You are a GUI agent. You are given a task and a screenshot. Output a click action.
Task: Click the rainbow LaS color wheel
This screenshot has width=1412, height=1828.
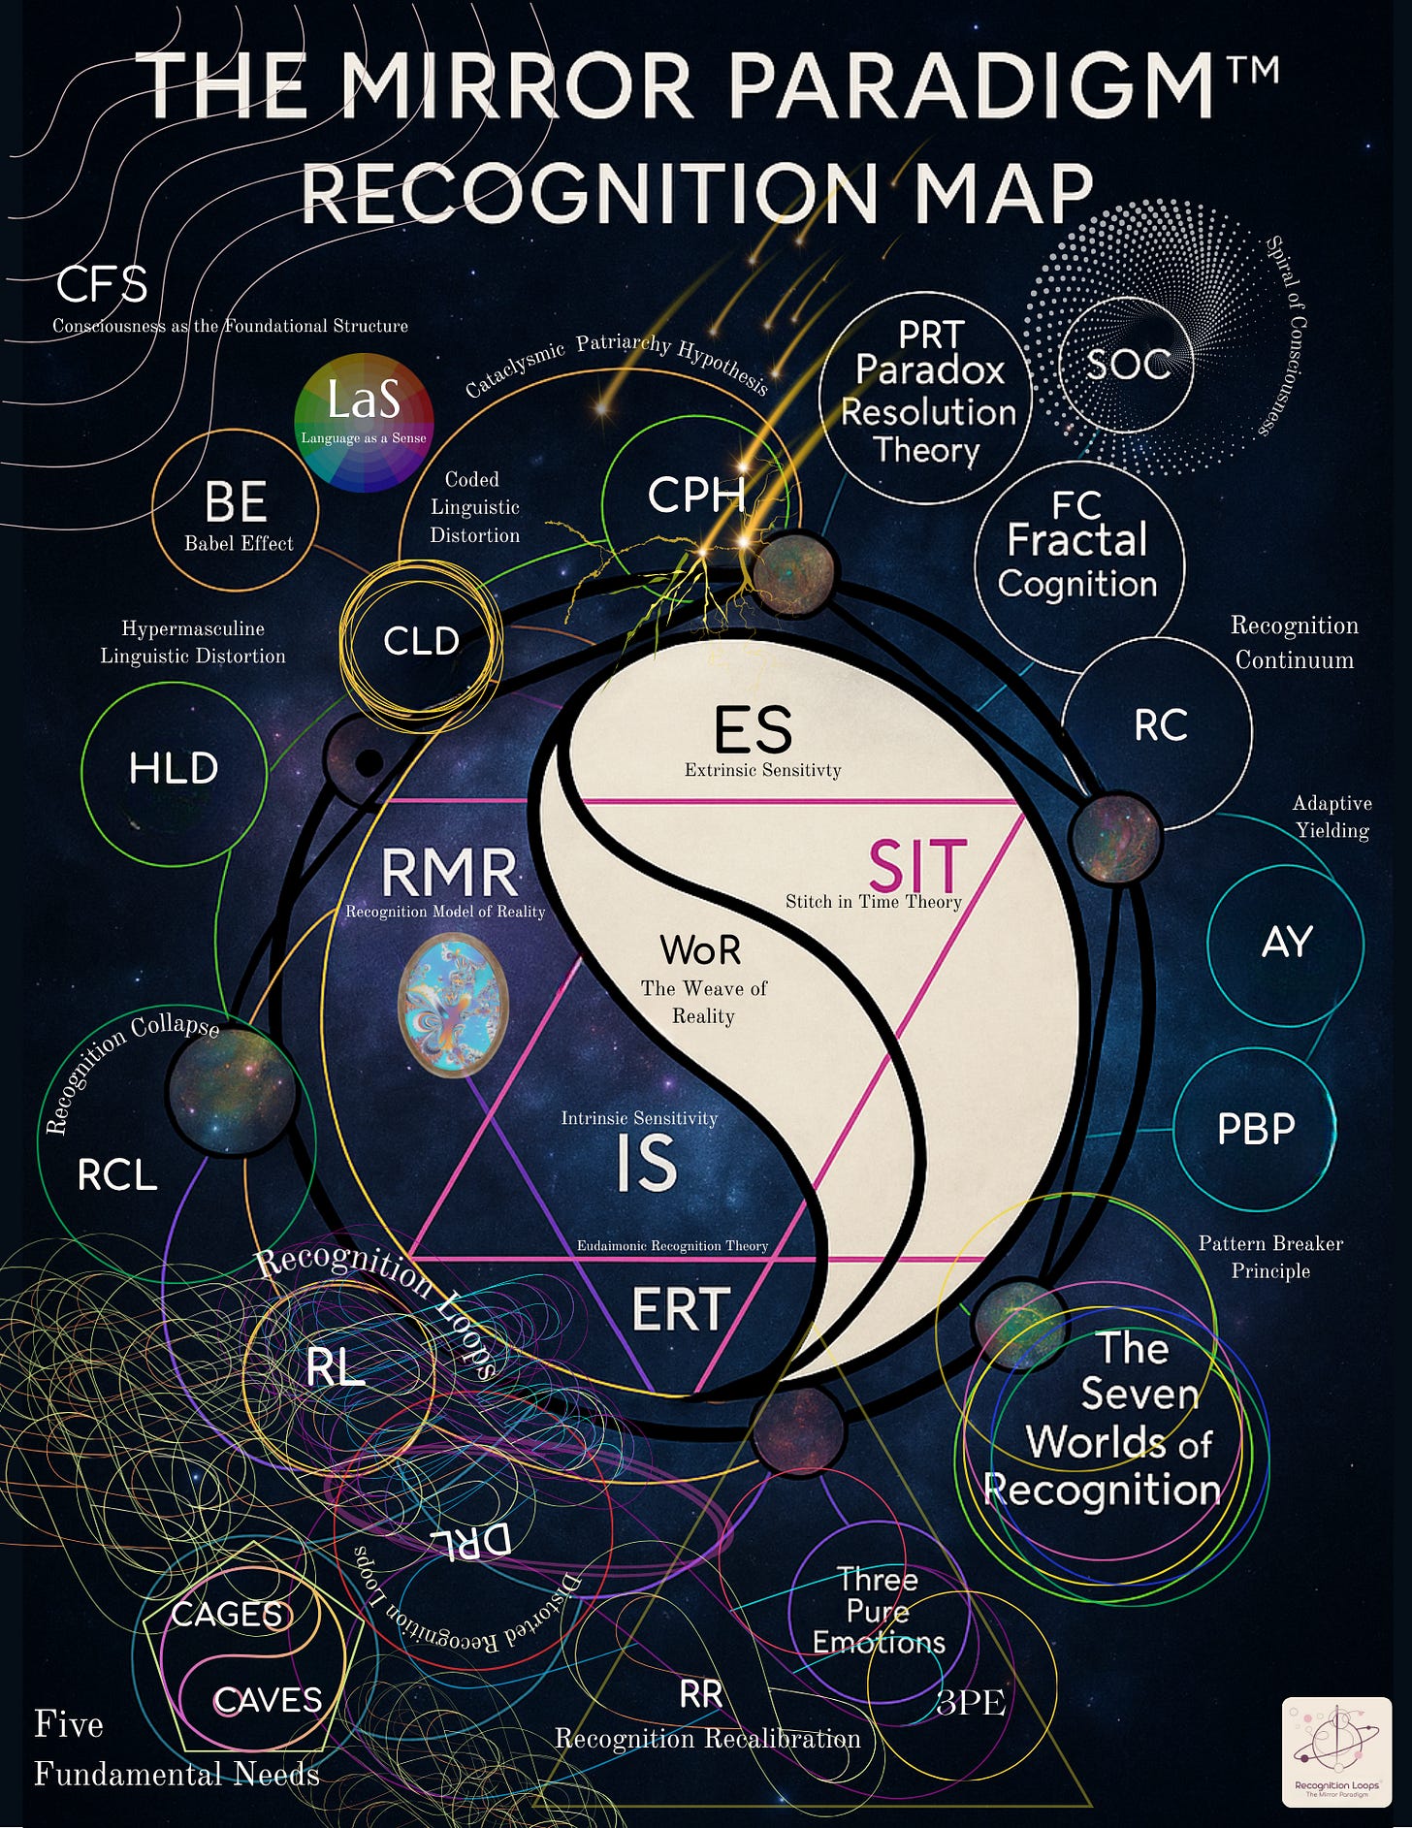[x=364, y=423]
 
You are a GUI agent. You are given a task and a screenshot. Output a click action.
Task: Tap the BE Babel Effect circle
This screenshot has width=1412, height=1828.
[x=236, y=510]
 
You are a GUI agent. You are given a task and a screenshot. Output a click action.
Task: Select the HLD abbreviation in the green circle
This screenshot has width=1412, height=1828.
[x=174, y=768]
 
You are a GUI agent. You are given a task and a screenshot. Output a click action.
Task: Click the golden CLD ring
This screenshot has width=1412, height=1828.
[x=421, y=641]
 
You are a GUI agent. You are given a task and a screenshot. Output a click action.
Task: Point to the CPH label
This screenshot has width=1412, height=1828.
[x=695, y=496]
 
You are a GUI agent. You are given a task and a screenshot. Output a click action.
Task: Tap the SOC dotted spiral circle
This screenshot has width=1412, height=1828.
[x=1127, y=365]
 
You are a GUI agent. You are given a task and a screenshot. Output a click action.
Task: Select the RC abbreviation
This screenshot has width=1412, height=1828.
[x=1161, y=725]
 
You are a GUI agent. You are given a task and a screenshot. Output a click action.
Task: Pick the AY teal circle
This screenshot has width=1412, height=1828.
[x=1286, y=943]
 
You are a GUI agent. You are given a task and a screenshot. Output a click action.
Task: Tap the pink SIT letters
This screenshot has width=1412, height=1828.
[x=916, y=866]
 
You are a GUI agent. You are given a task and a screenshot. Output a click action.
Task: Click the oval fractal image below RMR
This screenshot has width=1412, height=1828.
[x=454, y=1006]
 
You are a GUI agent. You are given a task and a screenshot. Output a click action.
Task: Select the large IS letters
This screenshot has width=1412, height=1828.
[x=647, y=1163]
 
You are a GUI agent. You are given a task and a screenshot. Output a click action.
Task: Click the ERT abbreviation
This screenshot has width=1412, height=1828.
[x=681, y=1309]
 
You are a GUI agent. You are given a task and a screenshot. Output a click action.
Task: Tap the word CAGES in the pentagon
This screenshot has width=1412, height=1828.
[x=227, y=1615]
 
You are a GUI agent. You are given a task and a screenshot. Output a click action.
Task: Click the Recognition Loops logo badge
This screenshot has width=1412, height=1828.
[x=1336, y=1751]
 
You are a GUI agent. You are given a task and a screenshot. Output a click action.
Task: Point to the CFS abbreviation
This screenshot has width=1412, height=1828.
[x=102, y=285]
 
